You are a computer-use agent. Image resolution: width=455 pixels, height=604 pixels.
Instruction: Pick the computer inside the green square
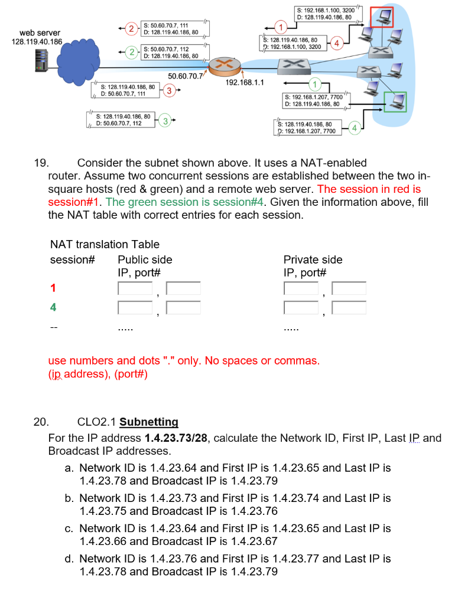click(395, 102)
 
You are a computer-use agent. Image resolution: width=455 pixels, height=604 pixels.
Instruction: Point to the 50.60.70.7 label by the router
click(186, 76)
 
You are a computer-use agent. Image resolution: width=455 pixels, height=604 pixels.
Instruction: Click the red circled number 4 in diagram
click(337, 43)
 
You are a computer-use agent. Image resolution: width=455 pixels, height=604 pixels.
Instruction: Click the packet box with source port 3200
click(324, 13)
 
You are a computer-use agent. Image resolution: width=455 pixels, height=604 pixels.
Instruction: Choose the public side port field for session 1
click(183, 288)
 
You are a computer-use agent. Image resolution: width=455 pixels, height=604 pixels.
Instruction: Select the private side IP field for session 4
click(301, 307)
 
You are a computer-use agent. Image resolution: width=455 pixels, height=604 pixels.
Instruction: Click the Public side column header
click(145, 260)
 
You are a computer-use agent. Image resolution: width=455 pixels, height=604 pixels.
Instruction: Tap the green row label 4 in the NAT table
click(53, 307)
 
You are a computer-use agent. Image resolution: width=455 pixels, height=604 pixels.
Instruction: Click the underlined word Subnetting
click(148, 422)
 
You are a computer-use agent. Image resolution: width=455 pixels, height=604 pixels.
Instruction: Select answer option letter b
click(69, 498)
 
